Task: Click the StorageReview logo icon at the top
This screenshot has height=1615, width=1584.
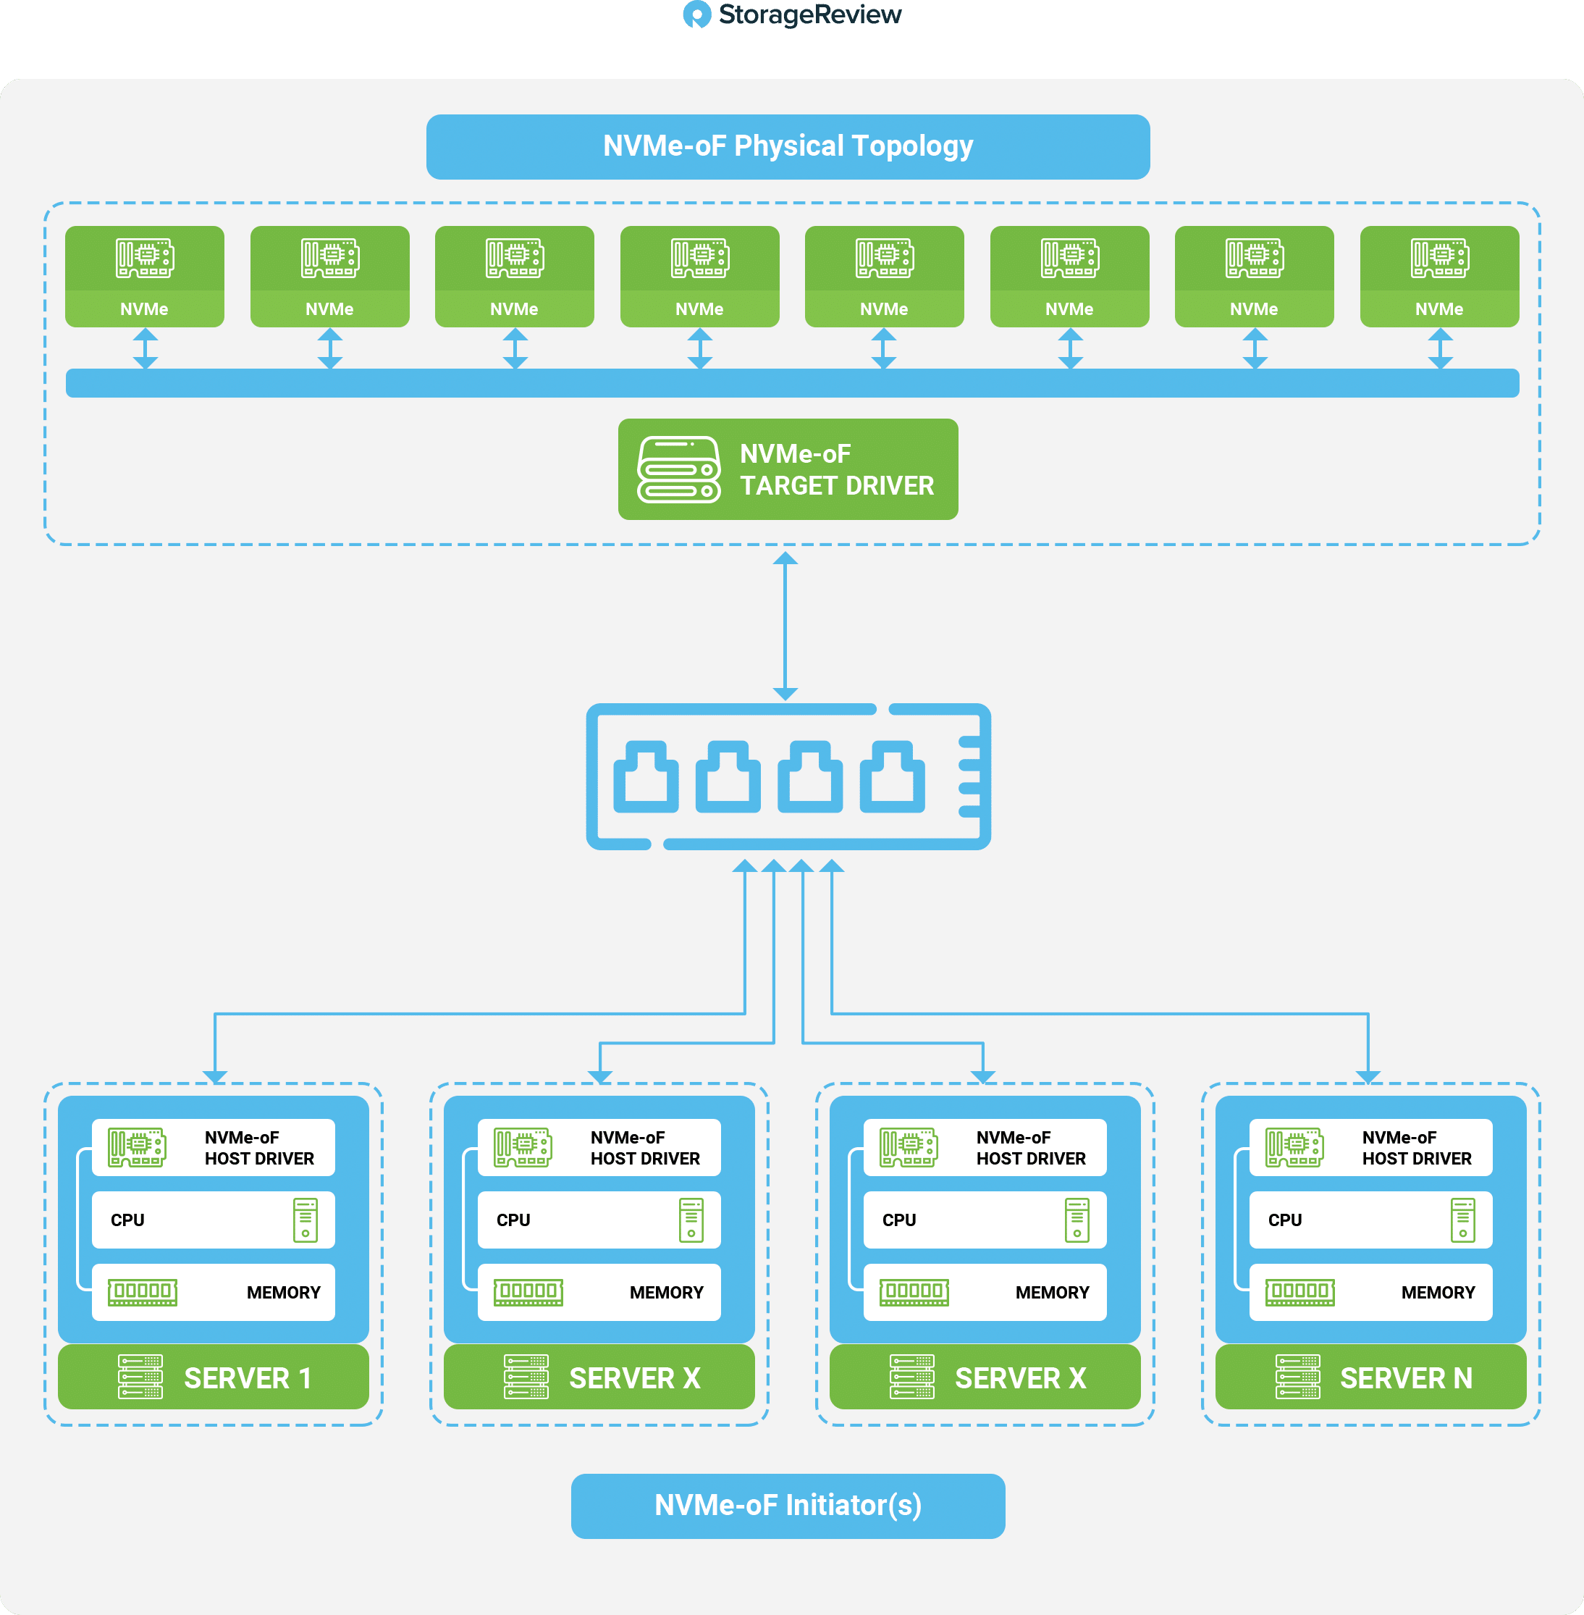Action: (696, 14)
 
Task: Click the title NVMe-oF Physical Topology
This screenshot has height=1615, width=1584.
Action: (788, 146)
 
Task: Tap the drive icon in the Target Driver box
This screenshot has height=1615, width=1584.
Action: (679, 469)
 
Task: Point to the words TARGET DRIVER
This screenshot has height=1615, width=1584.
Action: (837, 485)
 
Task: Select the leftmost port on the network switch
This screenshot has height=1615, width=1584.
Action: (646, 777)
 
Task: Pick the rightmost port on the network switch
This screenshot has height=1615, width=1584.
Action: (892, 777)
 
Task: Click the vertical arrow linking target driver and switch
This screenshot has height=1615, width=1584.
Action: (785, 626)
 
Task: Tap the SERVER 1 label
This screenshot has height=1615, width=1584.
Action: (248, 1378)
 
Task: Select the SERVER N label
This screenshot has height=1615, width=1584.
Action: (1406, 1378)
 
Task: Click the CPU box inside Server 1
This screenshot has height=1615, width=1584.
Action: (213, 1220)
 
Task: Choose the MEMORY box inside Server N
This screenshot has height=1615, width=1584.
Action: (1370, 1292)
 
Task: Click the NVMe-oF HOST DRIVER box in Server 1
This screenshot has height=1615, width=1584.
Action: (213, 1147)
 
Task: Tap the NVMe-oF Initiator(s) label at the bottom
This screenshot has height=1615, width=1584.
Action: (788, 1505)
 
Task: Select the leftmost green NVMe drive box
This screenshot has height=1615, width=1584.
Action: (145, 276)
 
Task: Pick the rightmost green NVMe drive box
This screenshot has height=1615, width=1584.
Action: (1439, 276)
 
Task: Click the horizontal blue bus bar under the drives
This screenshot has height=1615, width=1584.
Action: (792, 382)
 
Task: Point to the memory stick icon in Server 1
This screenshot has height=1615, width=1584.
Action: (143, 1292)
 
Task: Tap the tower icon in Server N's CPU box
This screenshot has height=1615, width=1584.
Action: (1462, 1220)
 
